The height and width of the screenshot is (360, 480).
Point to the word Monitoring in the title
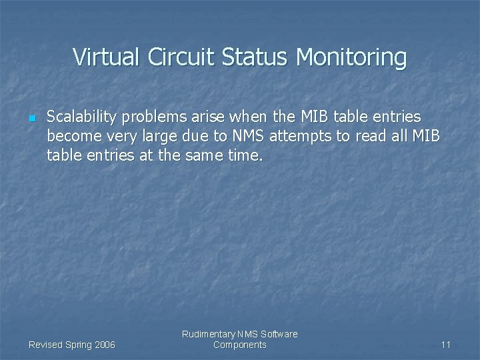(x=351, y=58)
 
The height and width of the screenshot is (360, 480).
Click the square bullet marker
(x=31, y=118)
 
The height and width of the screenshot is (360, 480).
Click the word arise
(x=210, y=117)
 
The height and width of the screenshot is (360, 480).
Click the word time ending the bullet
(x=246, y=156)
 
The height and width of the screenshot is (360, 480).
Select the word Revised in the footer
(x=46, y=345)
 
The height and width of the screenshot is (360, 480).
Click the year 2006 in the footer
(x=104, y=345)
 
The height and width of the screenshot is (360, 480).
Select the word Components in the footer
(x=240, y=345)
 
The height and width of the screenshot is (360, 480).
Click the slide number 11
(x=446, y=345)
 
